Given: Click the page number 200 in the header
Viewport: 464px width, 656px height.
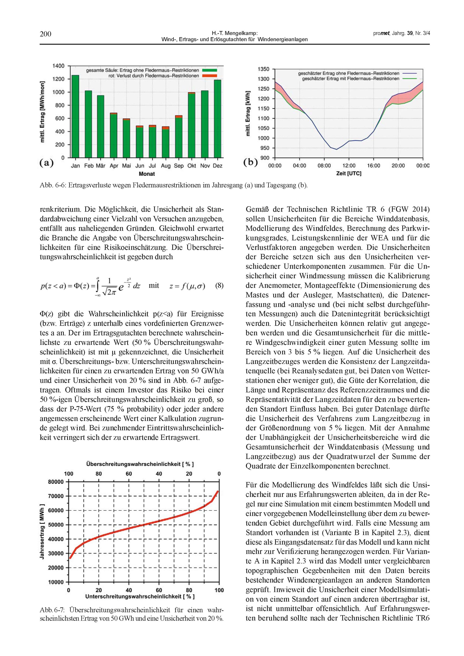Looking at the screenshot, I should [x=45, y=34].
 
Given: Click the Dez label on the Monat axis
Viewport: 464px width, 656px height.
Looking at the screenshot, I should [x=217, y=166].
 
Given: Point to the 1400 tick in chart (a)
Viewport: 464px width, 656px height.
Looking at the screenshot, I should [x=58, y=66].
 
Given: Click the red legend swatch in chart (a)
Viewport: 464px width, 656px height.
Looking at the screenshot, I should [x=209, y=76].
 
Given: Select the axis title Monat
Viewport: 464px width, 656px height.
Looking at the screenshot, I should [x=147, y=174].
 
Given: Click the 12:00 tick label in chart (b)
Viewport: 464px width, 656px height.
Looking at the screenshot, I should [x=349, y=166].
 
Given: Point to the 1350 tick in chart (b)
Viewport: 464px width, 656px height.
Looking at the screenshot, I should [x=263, y=69].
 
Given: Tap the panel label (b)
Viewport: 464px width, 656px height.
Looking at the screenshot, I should [x=250, y=163].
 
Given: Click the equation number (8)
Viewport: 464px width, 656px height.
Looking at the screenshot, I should [x=219, y=286].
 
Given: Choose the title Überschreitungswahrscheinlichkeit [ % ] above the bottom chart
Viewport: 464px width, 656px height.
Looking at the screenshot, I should [x=142, y=464].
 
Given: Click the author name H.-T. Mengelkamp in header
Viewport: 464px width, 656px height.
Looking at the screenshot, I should [x=235, y=34].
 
